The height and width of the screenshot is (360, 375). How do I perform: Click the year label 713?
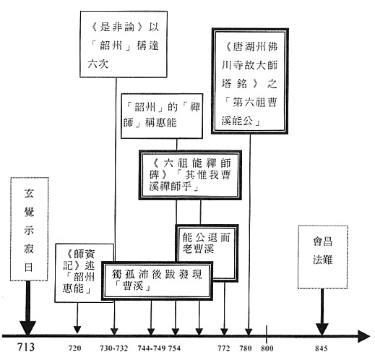pyautogui.click(x=26, y=347)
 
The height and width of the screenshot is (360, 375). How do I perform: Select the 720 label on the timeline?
pyautogui.click(x=75, y=348)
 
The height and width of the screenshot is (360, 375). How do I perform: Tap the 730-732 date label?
pyautogui.click(x=114, y=348)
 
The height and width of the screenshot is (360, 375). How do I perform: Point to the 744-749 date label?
pyautogui.click(x=152, y=348)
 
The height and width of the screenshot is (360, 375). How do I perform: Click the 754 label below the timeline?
pyautogui.click(x=174, y=348)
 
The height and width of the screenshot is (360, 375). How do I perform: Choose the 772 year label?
pyautogui.click(x=224, y=348)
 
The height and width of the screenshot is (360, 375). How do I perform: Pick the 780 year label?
pyautogui.click(x=246, y=348)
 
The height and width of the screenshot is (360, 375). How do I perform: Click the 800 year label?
pyautogui.click(x=267, y=348)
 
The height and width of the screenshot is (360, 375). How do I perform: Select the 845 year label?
pyautogui.click(x=322, y=348)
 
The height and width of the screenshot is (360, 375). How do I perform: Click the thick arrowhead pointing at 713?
pyautogui.click(x=28, y=328)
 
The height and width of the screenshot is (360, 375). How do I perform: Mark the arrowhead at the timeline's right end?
pyautogui.click(x=363, y=336)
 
